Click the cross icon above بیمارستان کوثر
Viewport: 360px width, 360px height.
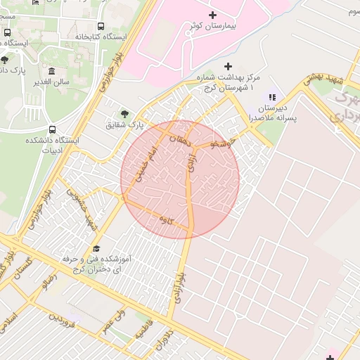[x=213, y=15]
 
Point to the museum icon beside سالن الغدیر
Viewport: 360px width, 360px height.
[x=52, y=70]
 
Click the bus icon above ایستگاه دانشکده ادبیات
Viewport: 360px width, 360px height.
[x=53, y=130]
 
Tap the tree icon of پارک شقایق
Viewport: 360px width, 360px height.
[x=124, y=112]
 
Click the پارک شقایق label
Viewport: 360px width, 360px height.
[x=124, y=125]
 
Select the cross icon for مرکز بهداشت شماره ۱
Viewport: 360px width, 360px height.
[x=227, y=65]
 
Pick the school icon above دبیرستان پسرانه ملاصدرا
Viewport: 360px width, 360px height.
[x=272, y=97]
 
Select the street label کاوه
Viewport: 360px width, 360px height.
[x=167, y=221]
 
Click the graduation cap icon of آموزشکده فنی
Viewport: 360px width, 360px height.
[x=96, y=247]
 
